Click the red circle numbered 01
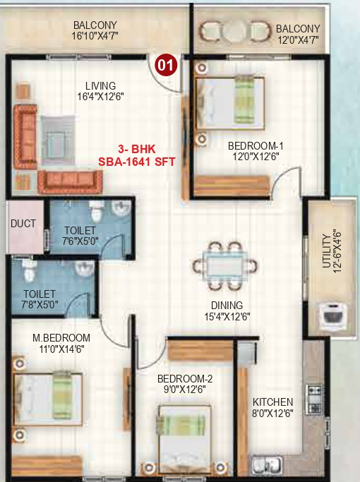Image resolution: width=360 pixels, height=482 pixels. pos(165,65)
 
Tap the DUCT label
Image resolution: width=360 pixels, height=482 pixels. pos(23,224)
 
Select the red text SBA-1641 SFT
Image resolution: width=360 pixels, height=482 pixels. pos(136,162)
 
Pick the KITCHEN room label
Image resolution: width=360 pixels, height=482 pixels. pos(272,402)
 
